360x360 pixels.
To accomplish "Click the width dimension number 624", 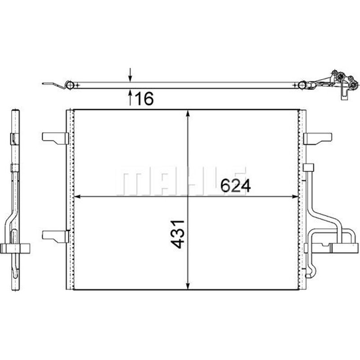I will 234,185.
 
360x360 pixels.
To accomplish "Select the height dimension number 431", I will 178,234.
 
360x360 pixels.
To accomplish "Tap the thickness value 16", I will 144,99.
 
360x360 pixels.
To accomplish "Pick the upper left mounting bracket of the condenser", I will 55,138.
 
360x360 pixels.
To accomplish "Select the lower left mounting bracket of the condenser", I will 55,235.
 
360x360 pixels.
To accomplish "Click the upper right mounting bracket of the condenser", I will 318,138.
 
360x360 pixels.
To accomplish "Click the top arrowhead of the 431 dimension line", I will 188,114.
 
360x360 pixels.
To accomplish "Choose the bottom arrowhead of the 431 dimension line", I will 188,285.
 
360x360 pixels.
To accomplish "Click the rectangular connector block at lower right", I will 344,246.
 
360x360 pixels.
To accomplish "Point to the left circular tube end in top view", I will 69,85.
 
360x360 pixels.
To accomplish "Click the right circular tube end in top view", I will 303,85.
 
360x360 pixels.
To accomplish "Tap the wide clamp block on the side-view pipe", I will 16,247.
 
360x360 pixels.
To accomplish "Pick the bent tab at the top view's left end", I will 53,84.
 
